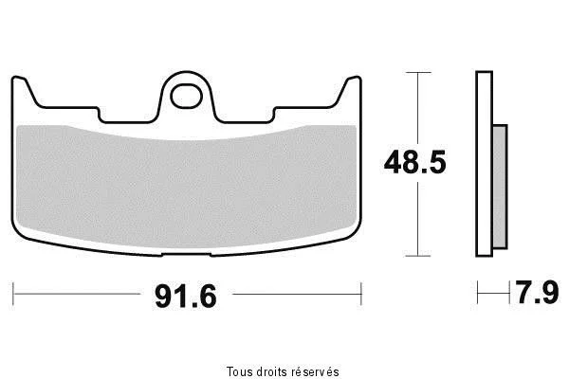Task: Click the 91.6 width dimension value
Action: tap(186, 297)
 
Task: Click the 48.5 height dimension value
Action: tap(414, 162)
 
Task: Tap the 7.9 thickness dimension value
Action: tap(538, 293)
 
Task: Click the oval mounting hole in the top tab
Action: tap(186, 97)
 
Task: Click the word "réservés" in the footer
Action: tap(316, 371)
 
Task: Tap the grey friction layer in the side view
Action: tap(500, 187)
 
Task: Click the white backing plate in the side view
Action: tap(484, 164)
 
